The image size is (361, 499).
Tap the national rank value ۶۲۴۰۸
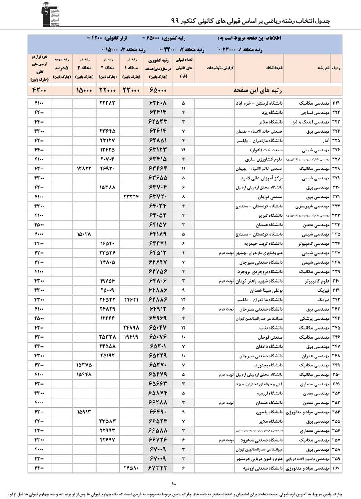tap(161, 103)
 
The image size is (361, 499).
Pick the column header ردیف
tap(336, 68)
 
